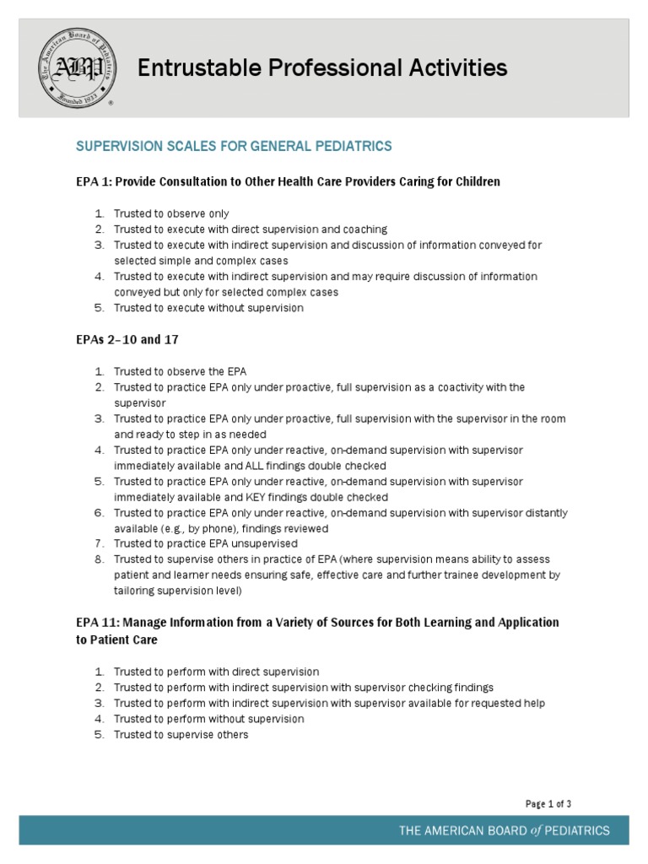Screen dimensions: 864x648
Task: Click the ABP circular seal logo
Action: coord(72,67)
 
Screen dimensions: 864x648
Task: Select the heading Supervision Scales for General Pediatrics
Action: coord(234,147)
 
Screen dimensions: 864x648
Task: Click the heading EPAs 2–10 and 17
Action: coord(127,340)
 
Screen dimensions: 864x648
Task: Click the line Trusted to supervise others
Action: coord(181,735)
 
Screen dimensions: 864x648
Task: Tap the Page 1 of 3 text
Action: coord(548,804)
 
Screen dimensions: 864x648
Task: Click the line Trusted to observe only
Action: coord(171,213)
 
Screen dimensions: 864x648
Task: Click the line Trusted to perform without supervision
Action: coord(208,719)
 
